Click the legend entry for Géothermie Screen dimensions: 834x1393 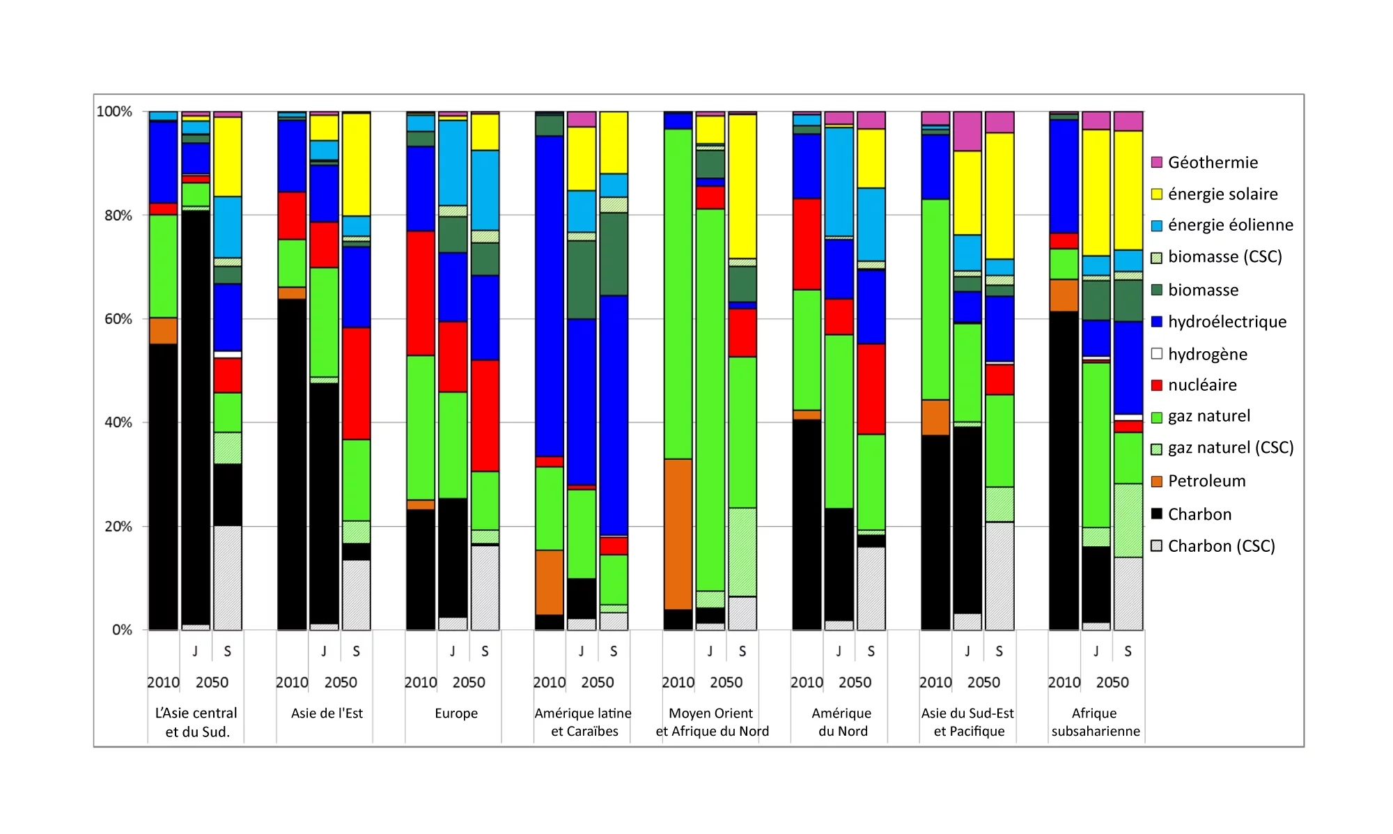tap(1212, 162)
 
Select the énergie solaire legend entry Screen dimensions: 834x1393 tap(1222, 194)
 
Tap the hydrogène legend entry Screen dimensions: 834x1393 tap(1207, 354)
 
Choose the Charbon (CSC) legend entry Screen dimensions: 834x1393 tap(1220, 546)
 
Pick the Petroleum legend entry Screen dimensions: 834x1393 tap(1206, 481)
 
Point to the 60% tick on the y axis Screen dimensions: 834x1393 tap(118, 319)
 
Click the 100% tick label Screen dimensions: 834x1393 tap(114, 111)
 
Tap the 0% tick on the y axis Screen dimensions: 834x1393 tap(122, 630)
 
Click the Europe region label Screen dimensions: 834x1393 tap(456, 713)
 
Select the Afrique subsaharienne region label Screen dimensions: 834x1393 tap(1095, 722)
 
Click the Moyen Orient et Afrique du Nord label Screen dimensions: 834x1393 tap(711, 722)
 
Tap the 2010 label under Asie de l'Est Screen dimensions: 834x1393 tap(292, 682)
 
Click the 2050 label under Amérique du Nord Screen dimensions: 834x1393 tap(855, 682)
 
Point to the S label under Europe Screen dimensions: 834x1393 tap(485, 651)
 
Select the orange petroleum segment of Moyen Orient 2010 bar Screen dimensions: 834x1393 tap(678, 534)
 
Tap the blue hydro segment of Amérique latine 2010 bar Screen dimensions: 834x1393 tap(549, 296)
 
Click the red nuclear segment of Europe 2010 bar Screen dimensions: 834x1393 tap(421, 293)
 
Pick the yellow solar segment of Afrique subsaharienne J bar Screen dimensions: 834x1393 tap(1096, 192)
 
